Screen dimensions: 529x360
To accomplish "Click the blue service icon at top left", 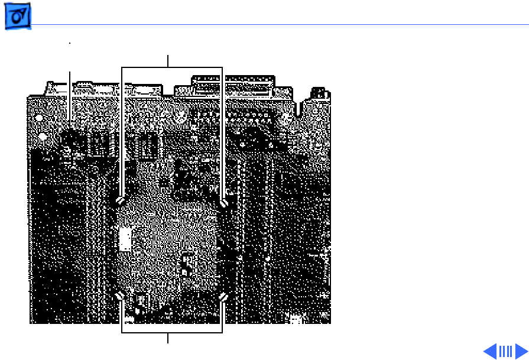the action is point(18,19).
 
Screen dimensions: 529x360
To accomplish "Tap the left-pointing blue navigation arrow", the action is point(490,351).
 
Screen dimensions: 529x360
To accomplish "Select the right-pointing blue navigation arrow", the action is point(521,351).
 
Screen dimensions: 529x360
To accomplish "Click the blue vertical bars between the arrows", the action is point(505,351).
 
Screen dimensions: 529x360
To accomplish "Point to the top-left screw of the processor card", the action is point(121,202).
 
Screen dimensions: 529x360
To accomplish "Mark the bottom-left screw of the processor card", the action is point(121,296).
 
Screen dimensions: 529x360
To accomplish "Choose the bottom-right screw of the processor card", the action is point(223,296).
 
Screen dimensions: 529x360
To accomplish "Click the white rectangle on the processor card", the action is point(125,240).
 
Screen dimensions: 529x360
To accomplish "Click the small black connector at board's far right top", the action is point(320,93).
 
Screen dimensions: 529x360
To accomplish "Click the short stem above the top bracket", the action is point(168,61).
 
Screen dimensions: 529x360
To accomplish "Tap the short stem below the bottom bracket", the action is point(168,338).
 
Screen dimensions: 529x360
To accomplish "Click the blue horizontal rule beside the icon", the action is point(278,25).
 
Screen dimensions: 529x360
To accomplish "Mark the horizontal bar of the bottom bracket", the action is point(171,332).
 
